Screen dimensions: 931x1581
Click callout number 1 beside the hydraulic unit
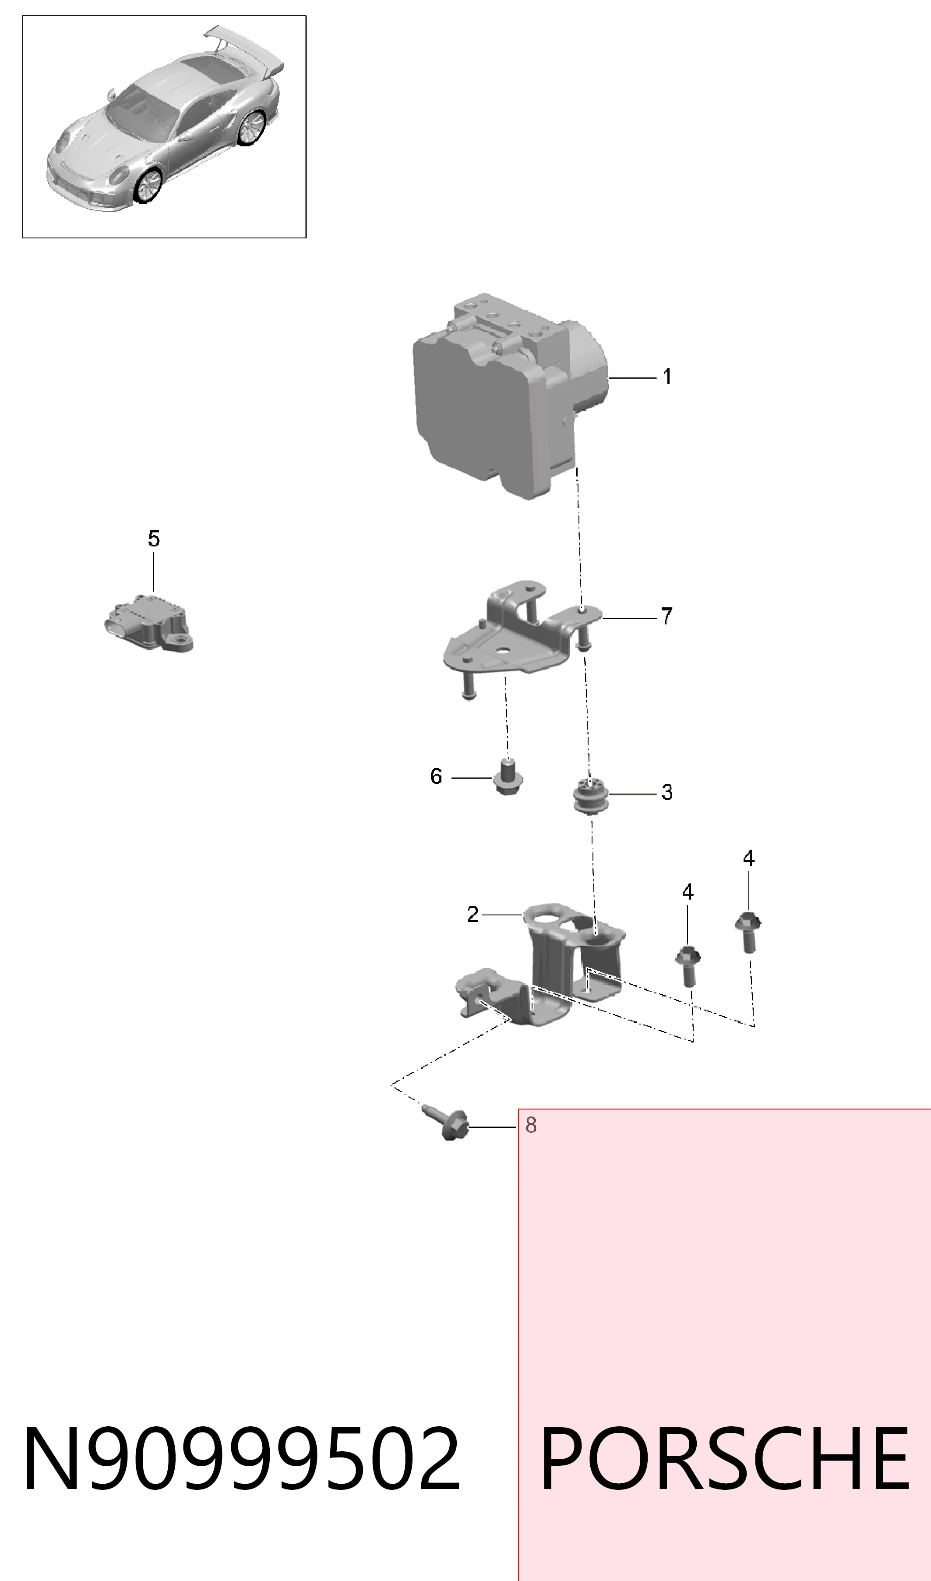coord(667,376)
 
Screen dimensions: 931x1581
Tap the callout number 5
coord(154,539)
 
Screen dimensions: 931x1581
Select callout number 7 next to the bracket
coord(666,617)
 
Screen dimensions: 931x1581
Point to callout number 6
coord(436,776)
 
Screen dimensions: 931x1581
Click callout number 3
coord(667,793)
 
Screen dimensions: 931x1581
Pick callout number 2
coord(473,915)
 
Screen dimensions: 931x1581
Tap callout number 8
coord(531,1125)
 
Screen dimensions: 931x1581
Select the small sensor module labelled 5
coord(149,623)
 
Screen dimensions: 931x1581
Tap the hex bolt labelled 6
coord(507,778)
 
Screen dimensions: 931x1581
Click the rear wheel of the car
coord(254,129)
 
